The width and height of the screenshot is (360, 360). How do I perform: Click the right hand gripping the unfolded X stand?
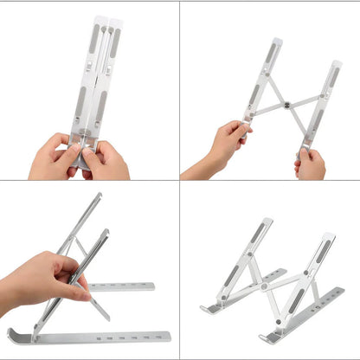click(311, 162)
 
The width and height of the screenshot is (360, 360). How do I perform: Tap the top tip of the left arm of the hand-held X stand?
click(276, 41)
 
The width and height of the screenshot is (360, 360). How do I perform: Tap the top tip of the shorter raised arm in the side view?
click(107, 232)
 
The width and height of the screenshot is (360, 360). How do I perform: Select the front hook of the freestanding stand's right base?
click(265, 338)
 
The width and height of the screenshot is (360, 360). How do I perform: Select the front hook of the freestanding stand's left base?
click(204, 309)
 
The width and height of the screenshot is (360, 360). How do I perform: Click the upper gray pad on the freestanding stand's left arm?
click(258, 232)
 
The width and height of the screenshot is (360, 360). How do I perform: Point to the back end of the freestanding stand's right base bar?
click(343, 291)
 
